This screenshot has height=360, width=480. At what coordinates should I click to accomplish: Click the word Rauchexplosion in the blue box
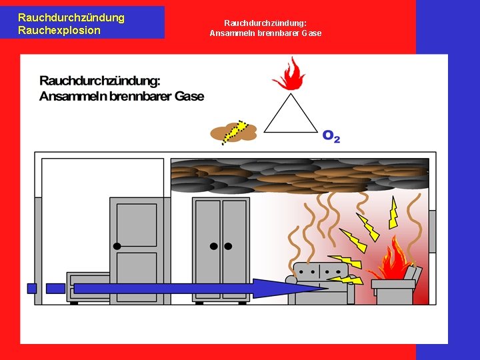[x=59, y=30]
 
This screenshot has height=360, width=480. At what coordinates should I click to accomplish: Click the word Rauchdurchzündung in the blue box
[x=71, y=17]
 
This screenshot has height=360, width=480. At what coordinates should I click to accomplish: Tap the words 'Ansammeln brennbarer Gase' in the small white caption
[x=265, y=33]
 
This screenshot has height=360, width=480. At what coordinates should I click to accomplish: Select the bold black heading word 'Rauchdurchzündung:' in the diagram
[x=100, y=81]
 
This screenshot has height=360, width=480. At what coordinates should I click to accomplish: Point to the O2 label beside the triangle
[x=331, y=136]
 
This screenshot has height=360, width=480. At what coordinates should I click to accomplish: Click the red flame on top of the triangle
[x=289, y=75]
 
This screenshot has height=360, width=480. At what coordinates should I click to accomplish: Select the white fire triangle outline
[x=291, y=115]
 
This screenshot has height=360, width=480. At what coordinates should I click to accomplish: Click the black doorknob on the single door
[x=117, y=246]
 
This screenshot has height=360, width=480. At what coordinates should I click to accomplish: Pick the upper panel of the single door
[x=137, y=224]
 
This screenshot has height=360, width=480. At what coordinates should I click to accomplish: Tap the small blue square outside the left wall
[x=31, y=288]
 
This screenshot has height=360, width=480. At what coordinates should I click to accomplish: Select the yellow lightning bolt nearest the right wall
[x=393, y=214]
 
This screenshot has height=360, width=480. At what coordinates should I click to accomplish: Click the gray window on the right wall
[x=432, y=231]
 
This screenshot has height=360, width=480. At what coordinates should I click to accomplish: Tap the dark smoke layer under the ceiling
[x=300, y=174]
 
